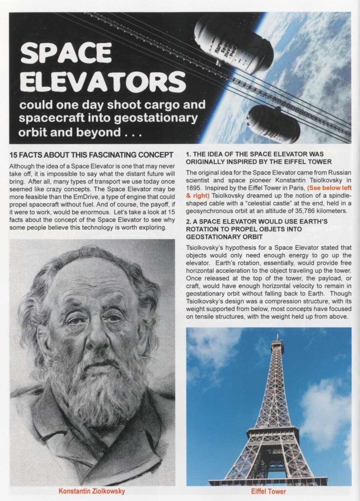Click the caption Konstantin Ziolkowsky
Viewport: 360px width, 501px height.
[91, 491]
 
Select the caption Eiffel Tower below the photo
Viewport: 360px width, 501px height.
[269, 491]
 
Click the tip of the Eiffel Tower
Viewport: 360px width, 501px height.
[278, 337]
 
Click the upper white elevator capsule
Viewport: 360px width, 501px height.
[233, 44]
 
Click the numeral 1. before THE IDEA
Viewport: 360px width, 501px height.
[189, 154]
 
